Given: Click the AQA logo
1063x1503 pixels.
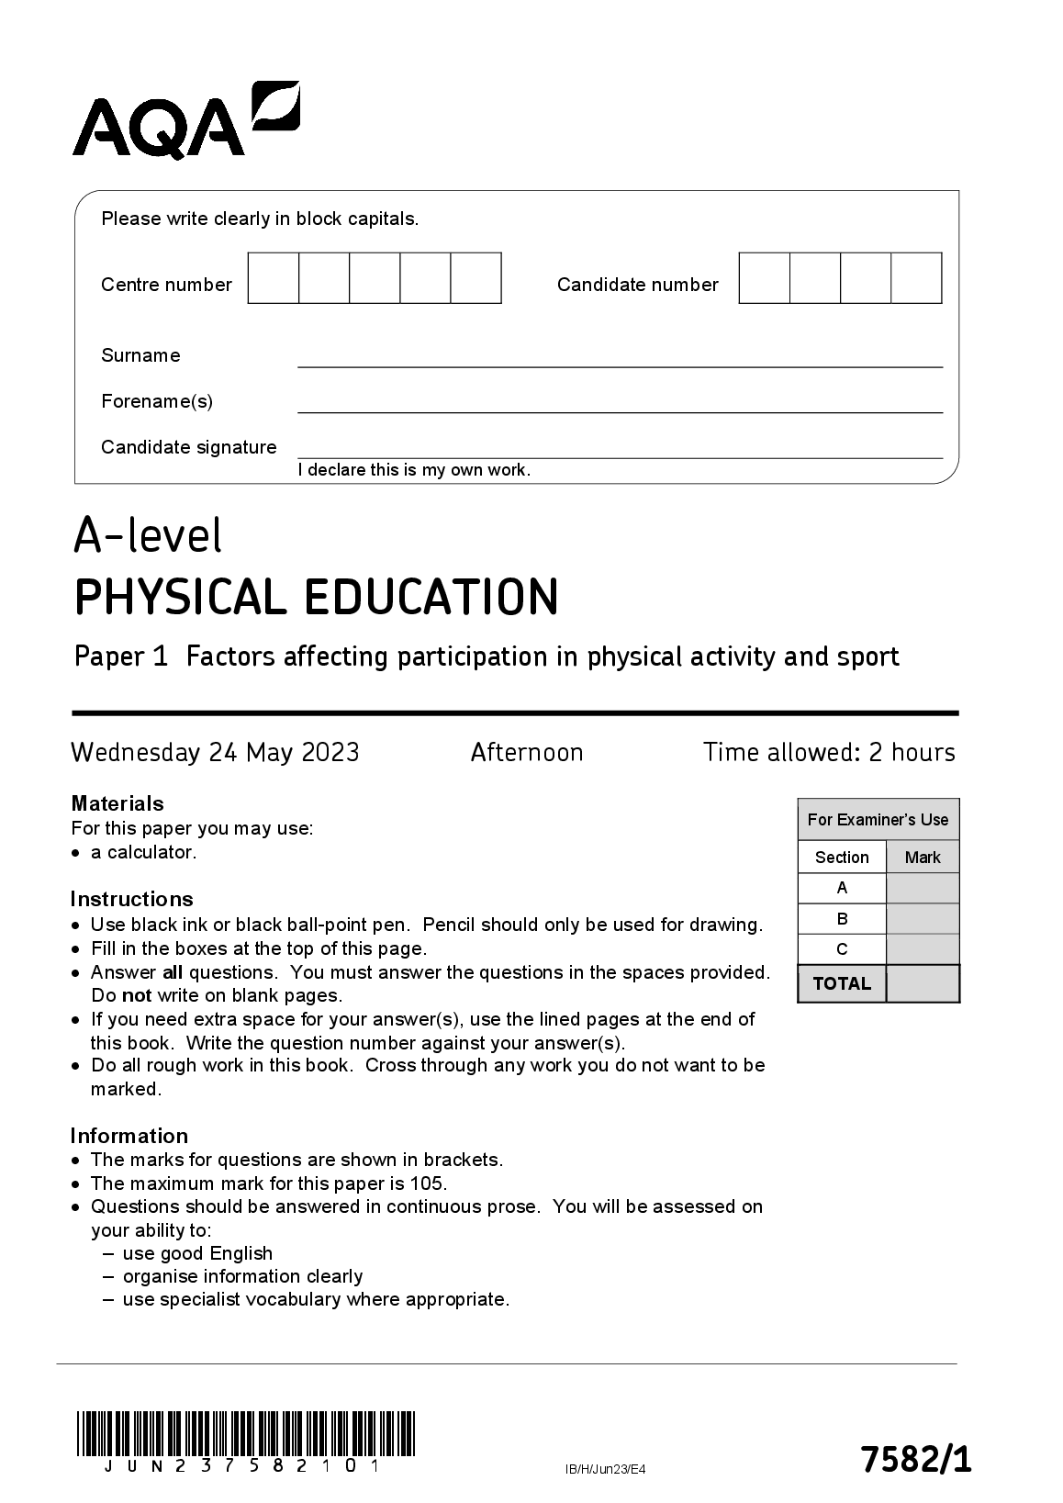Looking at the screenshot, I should (185, 120).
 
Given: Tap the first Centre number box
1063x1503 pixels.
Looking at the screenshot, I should (274, 278).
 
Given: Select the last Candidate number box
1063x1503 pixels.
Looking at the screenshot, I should (916, 278).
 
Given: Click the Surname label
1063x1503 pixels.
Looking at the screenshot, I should (140, 355).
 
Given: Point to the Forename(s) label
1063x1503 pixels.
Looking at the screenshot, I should (157, 401).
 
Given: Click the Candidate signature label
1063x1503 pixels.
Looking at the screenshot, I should (188, 447).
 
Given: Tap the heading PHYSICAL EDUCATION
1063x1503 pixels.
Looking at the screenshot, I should (316, 597).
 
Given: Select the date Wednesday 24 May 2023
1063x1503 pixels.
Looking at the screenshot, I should (215, 753).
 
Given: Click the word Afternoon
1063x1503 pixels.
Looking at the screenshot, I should (527, 753).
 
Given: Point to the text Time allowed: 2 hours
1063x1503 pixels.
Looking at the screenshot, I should (829, 753).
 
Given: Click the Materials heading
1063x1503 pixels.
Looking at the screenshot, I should (117, 803).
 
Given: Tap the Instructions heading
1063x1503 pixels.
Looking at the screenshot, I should (131, 899).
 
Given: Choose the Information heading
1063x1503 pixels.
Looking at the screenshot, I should (129, 1136).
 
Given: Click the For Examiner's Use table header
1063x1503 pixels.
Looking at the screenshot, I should (878, 820).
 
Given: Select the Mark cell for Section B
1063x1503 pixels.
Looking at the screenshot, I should (923, 919).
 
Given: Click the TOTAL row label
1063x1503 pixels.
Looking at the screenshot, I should (842, 983).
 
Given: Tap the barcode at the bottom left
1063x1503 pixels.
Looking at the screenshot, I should (246, 1434).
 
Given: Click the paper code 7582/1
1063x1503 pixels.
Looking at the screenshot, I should (914, 1459).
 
